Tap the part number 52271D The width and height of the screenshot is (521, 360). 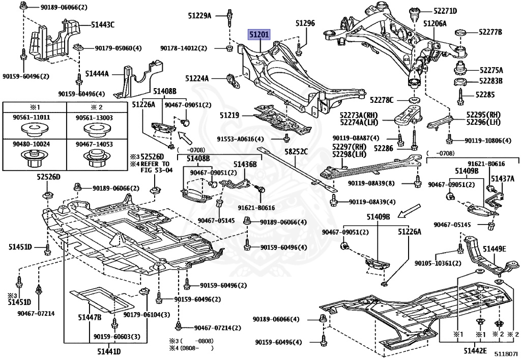pyautogui.click(x=445, y=11)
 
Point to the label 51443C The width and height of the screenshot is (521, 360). pyautogui.click(x=103, y=24)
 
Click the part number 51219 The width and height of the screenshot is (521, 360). pyautogui.click(x=229, y=116)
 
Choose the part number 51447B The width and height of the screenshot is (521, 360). pyautogui.click(x=90, y=318)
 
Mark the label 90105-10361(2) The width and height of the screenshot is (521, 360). pyautogui.click(x=438, y=263)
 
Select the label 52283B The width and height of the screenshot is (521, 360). pyautogui.click(x=489, y=81)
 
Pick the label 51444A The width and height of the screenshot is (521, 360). pyautogui.click(x=97, y=74)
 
